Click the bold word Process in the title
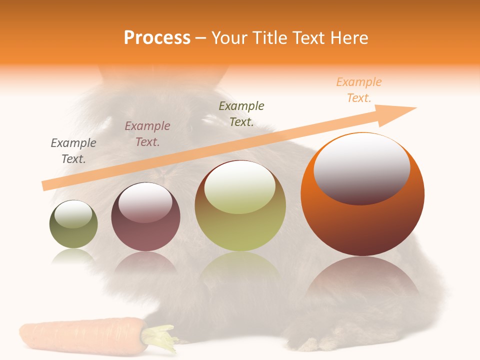(x=157, y=37)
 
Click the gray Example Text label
(x=73, y=151)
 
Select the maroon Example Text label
(x=147, y=134)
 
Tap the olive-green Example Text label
(x=241, y=113)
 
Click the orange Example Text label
(x=359, y=90)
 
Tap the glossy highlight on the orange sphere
(x=361, y=168)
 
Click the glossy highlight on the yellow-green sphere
(x=239, y=187)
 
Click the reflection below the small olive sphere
(x=73, y=256)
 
